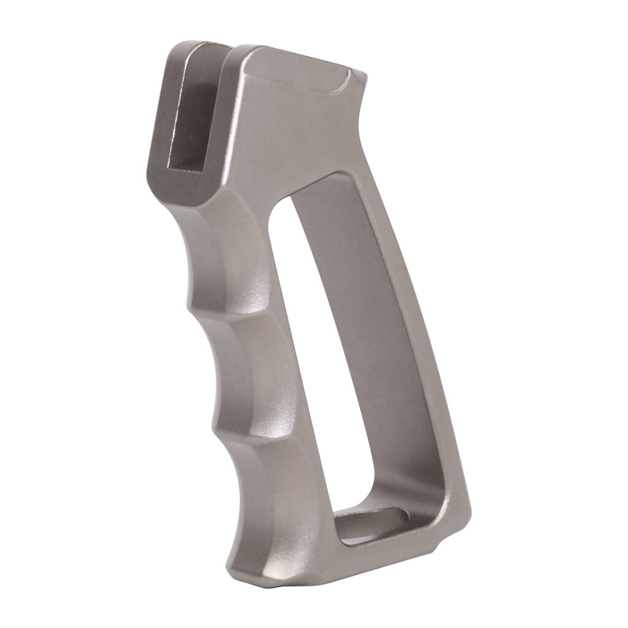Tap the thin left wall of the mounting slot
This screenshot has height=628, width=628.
[x=163, y=110]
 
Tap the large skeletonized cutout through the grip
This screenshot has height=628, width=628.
[x=362, y=343]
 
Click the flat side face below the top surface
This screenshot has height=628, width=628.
[x=294, y=141]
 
